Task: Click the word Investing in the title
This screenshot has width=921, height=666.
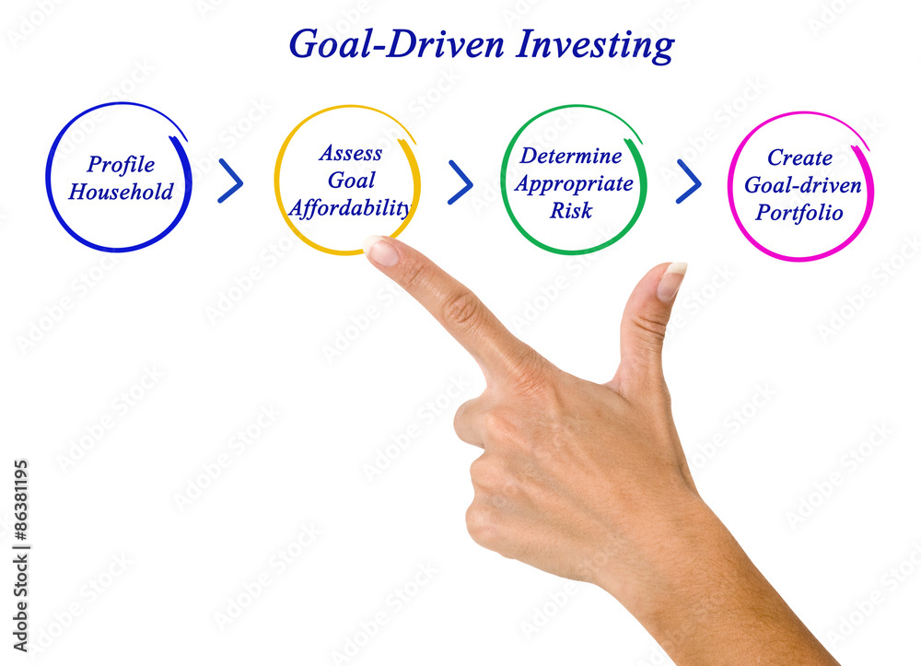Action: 595,45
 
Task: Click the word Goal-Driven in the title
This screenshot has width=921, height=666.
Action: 396,44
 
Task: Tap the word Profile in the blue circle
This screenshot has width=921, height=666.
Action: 121,165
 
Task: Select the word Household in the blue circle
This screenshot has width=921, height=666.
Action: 121,192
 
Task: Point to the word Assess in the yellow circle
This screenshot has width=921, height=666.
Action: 351,153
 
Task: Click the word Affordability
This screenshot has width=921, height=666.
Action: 350,208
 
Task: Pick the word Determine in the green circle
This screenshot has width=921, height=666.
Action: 571,156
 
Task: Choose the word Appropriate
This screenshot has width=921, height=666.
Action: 574,184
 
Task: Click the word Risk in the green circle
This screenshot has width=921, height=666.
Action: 571,210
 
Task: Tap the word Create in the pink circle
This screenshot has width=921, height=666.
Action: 800,158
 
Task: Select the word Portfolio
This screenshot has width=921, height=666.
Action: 799,213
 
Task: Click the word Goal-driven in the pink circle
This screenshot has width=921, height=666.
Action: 803,185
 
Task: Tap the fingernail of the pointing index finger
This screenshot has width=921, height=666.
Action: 381,251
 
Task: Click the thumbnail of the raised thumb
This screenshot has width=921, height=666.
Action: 671,281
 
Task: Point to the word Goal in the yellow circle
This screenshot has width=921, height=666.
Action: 351,181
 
